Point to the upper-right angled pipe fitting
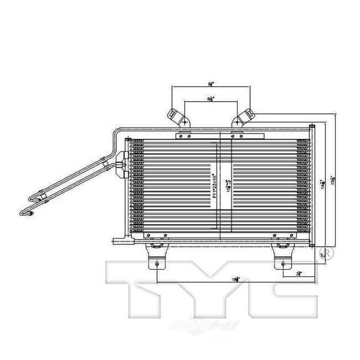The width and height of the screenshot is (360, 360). (244, 118)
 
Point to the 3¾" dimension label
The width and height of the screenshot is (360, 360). (301, 273)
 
